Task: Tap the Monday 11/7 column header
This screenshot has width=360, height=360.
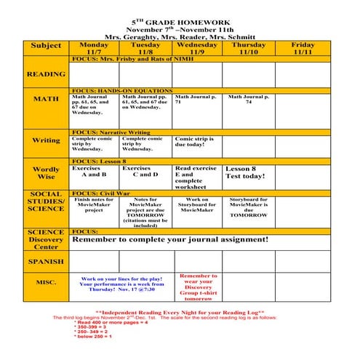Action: (x=93, y=48)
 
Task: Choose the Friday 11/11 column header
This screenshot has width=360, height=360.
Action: (x=303, y=48)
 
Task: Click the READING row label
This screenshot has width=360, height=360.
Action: (x=46, y=74)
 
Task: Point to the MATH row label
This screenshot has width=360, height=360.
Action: (x=46, y=99)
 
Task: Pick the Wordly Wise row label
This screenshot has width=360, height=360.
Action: (x=46, y=173)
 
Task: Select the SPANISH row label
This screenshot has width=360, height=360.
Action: (x=46, y=261)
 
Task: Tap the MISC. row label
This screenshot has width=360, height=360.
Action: (x=46, y=282)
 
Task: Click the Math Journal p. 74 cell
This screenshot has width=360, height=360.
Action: (x=248, y=100)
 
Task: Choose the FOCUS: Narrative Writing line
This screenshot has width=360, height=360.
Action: (x=111, y=132)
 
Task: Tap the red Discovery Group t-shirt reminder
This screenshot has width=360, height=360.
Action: (x=198, y=287)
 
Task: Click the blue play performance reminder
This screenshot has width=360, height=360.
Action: (x=121, y=284)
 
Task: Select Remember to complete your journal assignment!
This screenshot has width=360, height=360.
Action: (x=171, y=239)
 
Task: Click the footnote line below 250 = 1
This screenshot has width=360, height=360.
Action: (x=92, y=337)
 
